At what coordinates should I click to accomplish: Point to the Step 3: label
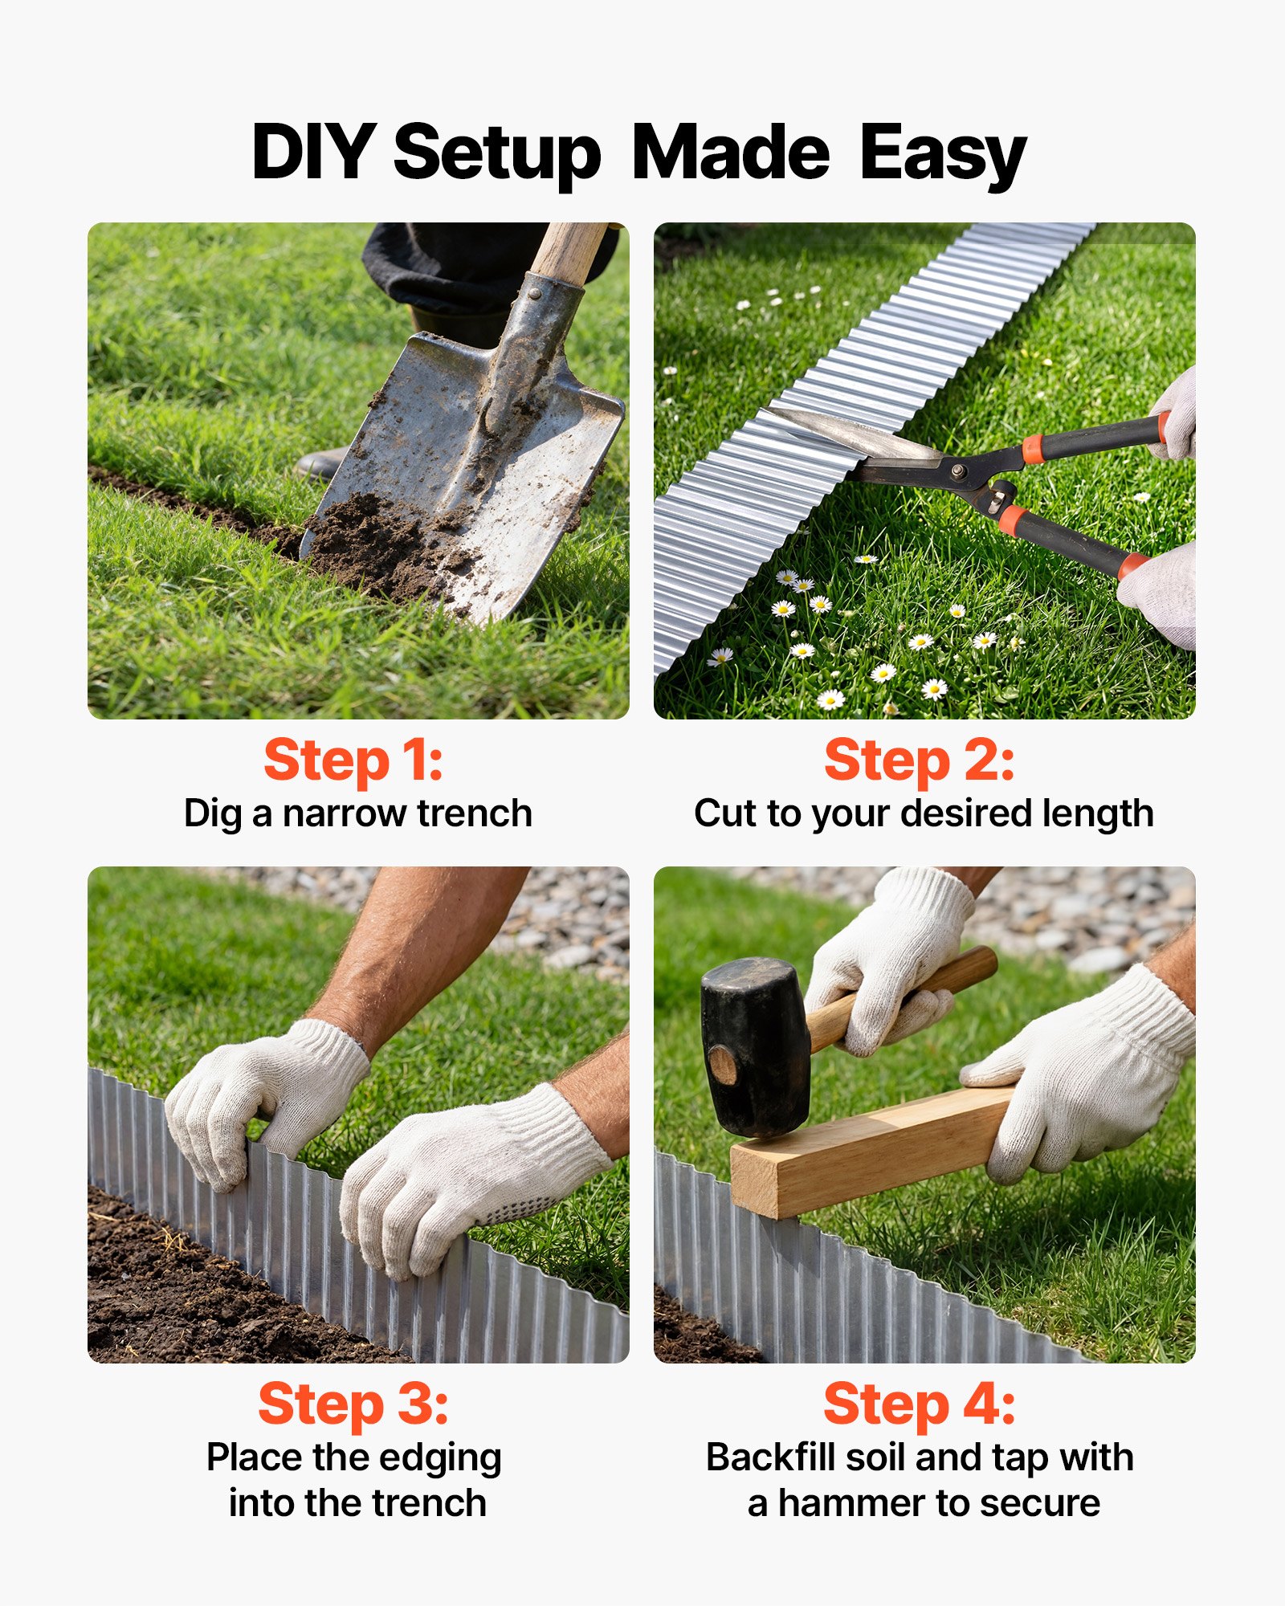point(353,1404)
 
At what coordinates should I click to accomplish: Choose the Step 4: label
point(919,1404)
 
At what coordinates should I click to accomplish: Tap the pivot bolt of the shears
point(957,471)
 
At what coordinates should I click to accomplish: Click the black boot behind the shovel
point(321,464)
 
